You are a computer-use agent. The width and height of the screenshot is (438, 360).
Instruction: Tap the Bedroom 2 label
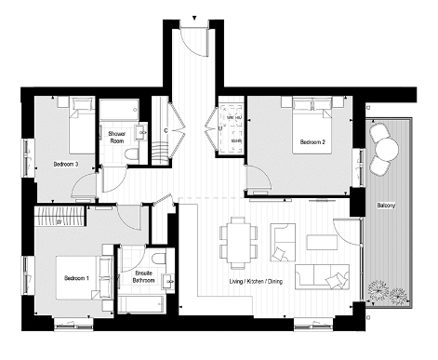click(x=311, y=142)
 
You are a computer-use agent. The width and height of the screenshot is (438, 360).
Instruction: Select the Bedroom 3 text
click(x=65, y=165)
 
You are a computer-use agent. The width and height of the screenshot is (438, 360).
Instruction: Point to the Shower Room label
click(x=116, y=138)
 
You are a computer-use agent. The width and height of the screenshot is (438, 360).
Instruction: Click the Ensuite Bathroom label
click(x=143, y=276)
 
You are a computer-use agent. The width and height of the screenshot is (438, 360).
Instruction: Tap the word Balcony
click(x=389, y=205)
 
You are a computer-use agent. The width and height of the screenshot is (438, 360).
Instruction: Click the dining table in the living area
click(x=238, y=241)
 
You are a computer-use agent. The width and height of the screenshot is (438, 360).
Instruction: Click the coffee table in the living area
click(x=323, y=242)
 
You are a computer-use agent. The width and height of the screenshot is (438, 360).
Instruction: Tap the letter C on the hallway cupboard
click(x=166, y=130)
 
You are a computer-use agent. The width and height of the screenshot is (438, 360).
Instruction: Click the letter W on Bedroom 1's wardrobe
click(x=58, y=220)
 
